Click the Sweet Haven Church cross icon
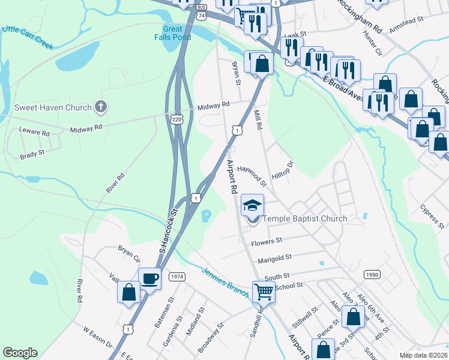(x=101, y=107)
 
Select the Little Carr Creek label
(x=27, y=36)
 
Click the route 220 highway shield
(x=176, y=119)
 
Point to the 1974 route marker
(x=176, y=277)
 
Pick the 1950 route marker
(x=372, y=274)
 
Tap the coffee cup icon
(x=149, y=278)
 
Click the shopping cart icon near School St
(x=264, y=292)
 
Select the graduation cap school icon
(x=252, y=205)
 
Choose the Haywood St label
(x=252, y=175)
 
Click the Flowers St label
(x=267, y=242)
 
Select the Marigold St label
(x=274, y=257)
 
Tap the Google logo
(x=20, y=352)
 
